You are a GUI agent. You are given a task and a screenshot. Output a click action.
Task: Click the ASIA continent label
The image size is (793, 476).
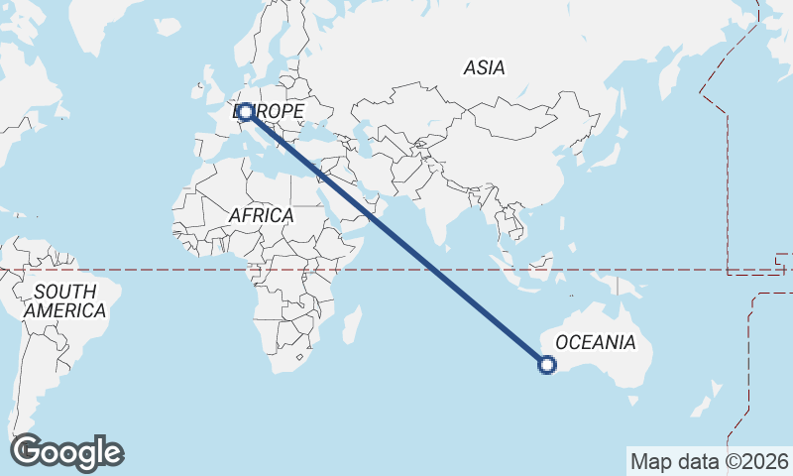click(x=484, y=68)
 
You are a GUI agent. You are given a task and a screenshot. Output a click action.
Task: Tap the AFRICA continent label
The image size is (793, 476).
click(x=261, y=215)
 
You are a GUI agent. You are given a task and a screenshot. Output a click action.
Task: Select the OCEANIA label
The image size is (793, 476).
click(x=595, y=343)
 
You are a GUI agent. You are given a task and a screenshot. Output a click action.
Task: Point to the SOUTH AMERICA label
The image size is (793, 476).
click(x=64, y=301)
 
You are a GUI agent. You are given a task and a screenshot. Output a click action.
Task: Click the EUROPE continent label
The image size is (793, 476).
click(x=270, y=112)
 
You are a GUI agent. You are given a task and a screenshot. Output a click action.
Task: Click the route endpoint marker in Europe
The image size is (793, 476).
click(x=245, y=112)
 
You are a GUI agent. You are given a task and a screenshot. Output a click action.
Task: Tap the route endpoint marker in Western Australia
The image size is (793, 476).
click(x=546, y=365)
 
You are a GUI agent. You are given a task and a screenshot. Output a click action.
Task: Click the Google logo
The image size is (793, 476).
click(x=67, y=452)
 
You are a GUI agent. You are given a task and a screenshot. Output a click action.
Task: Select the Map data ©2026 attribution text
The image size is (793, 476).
click(x=710, y=461)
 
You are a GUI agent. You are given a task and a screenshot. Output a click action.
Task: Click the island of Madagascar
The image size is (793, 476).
click(x=349, y=325)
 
